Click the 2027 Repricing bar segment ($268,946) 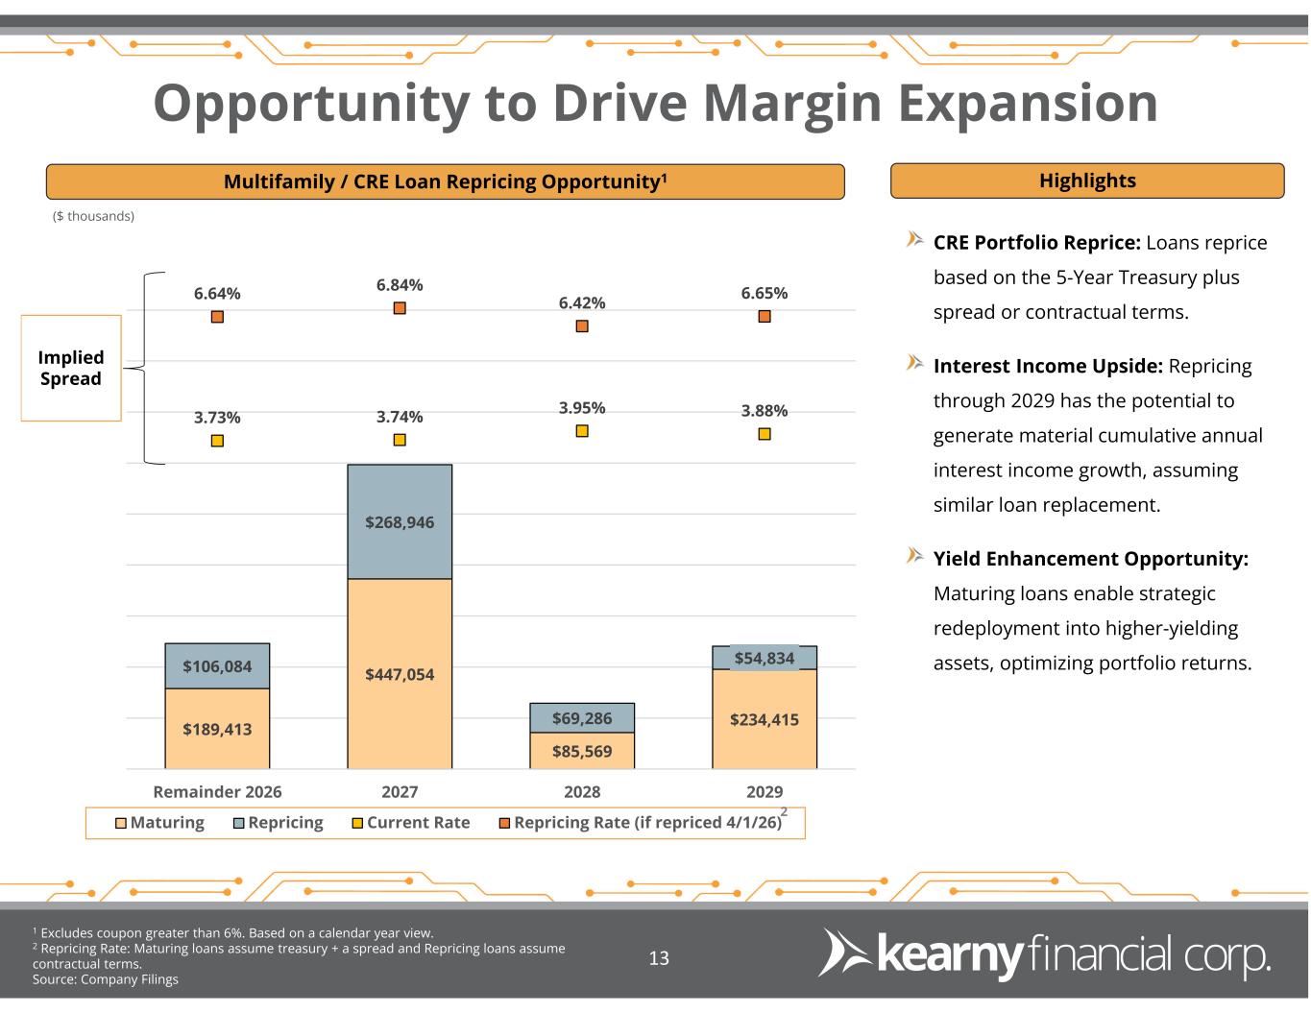(399, 521)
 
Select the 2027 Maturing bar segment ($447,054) (399, 673)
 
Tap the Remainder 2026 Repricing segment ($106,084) (217, 665)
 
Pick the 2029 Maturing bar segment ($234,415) (764, 719)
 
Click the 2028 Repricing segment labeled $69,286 (582, 717)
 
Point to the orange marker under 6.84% (400, 308)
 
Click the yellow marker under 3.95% (582, 430)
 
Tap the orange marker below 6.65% (765, 317)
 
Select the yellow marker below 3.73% (217, 441)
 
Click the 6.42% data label (582, 302)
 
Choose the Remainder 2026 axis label (217, 792)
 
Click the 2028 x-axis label (582, 792)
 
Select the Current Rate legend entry (411, 823)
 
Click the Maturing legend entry (159, 823)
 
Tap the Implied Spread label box (71, 368)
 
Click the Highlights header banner (1087, 181)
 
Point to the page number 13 (659, 957)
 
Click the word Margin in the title (792, 104)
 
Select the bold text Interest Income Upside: (1048, 366)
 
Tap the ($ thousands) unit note (93, 216)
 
